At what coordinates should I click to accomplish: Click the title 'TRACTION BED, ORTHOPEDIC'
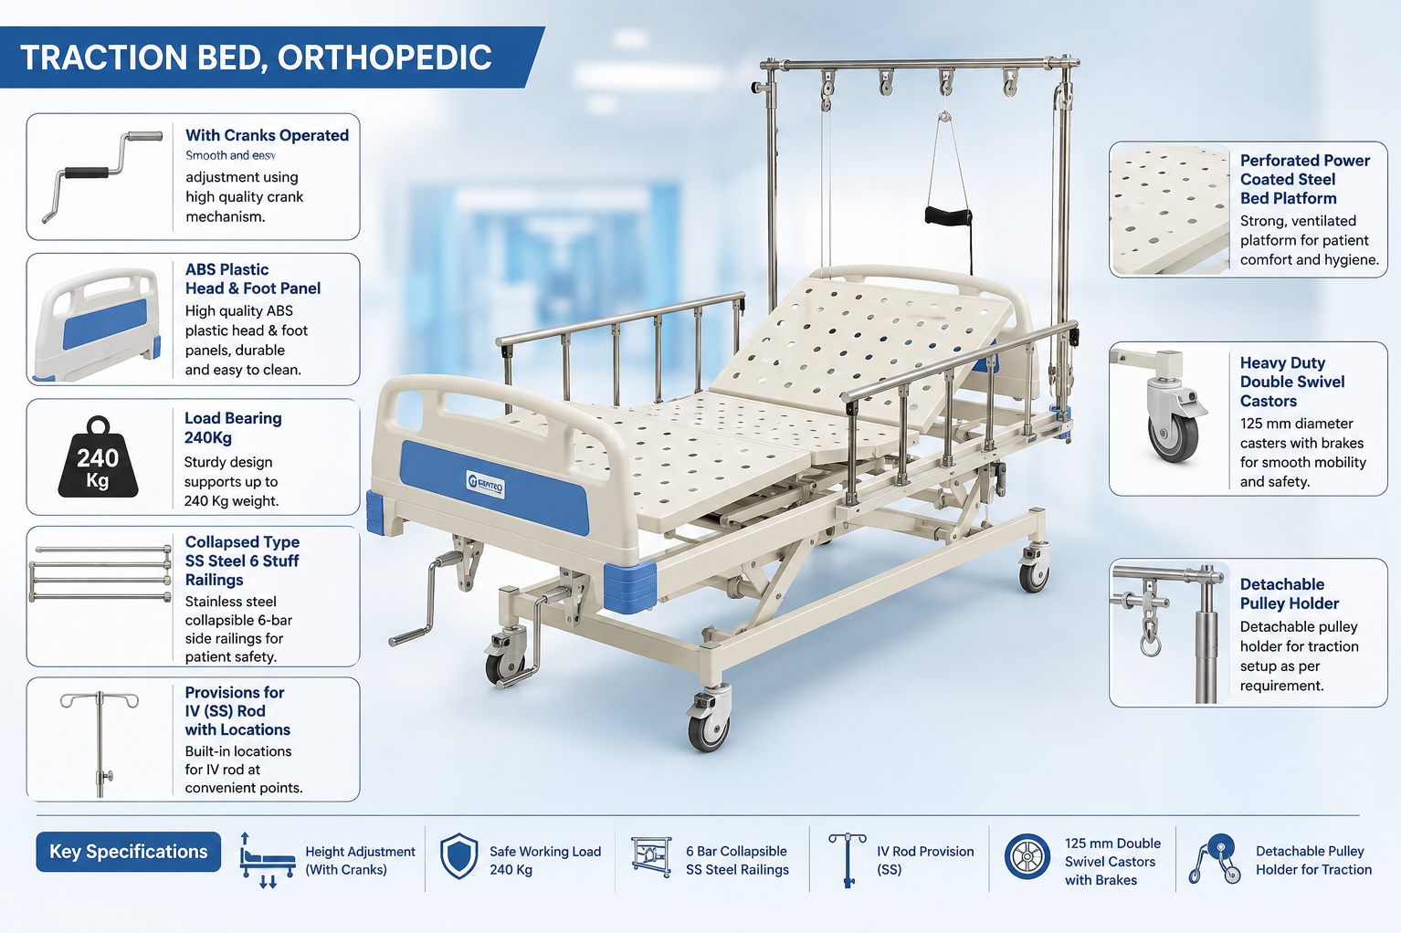(256, 58)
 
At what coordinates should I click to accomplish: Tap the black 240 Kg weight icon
(98, 457)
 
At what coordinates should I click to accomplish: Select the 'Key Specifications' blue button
(128, 852)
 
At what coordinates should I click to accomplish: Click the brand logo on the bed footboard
(485, 484)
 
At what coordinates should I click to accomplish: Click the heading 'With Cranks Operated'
(267, 135)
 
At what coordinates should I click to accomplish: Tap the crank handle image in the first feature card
(102, 175)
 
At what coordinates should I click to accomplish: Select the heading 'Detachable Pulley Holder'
(1289, 593)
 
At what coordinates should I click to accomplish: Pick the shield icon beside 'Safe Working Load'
(459, 856)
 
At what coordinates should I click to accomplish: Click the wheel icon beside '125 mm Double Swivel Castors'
(1027, 856)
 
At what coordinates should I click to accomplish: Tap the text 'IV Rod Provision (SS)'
(925, 861)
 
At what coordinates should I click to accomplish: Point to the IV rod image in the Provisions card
(100, 743)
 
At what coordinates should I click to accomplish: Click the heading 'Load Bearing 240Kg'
(233, 428)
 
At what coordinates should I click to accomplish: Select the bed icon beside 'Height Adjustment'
(267, 861)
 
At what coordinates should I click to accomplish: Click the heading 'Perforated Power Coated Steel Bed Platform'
(1305, 180)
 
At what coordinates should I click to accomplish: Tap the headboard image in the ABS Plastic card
(98, 324)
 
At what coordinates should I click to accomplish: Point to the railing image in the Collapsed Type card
(100, 573)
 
